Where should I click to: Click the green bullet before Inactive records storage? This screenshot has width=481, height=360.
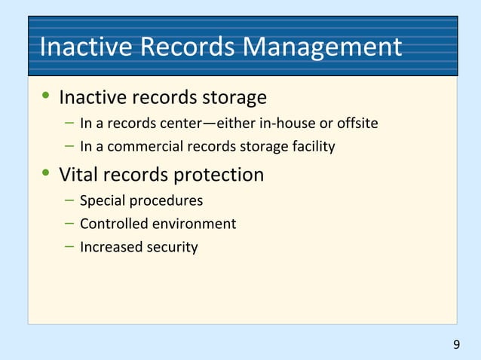pyautogui.click(x=46, y=97)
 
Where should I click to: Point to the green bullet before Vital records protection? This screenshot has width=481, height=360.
pyautogui.click(x=46, y=174)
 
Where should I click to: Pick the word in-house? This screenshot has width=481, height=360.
pyautogui.click(x=296, y=124)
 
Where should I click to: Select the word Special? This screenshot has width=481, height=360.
pyautogui.click(x=100, y=201)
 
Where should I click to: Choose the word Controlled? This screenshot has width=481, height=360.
pyautogui.click(x=111, y=224)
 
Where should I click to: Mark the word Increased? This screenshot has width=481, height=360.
pyautogui.click(x=108, y=246)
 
